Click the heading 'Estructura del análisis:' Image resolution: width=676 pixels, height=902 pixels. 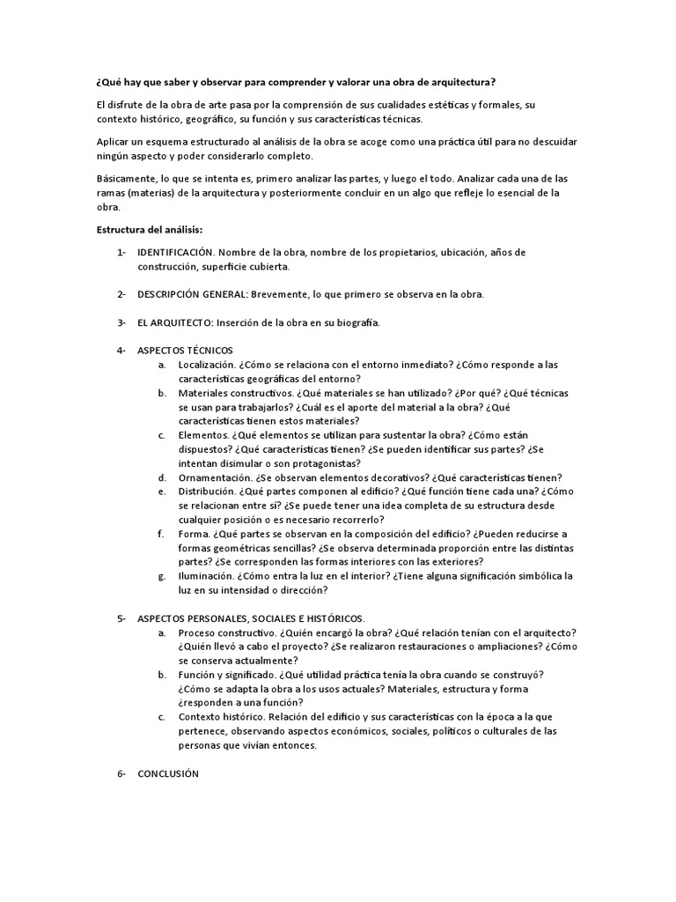[149, 230]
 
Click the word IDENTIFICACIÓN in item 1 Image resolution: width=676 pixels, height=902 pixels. [176, 253]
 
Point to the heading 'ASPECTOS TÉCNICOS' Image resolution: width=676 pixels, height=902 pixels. [185, 351]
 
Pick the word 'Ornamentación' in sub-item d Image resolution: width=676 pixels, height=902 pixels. [214, 477]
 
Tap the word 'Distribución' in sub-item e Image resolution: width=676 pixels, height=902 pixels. [209, 492]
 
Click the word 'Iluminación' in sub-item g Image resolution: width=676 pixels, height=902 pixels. [206, 576]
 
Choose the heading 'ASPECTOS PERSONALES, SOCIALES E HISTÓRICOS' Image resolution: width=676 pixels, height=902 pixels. [250, 618]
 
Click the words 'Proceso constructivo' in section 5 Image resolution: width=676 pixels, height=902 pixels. [224, 632]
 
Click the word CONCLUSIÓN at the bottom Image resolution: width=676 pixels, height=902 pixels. [168, 773]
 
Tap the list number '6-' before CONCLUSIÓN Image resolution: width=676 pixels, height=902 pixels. [121, 773]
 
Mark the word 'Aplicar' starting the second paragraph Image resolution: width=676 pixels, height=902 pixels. [112, 142]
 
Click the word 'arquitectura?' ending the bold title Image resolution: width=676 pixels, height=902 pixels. [463, 82]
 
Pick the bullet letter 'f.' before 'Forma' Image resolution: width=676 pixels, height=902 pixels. [161, 534]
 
